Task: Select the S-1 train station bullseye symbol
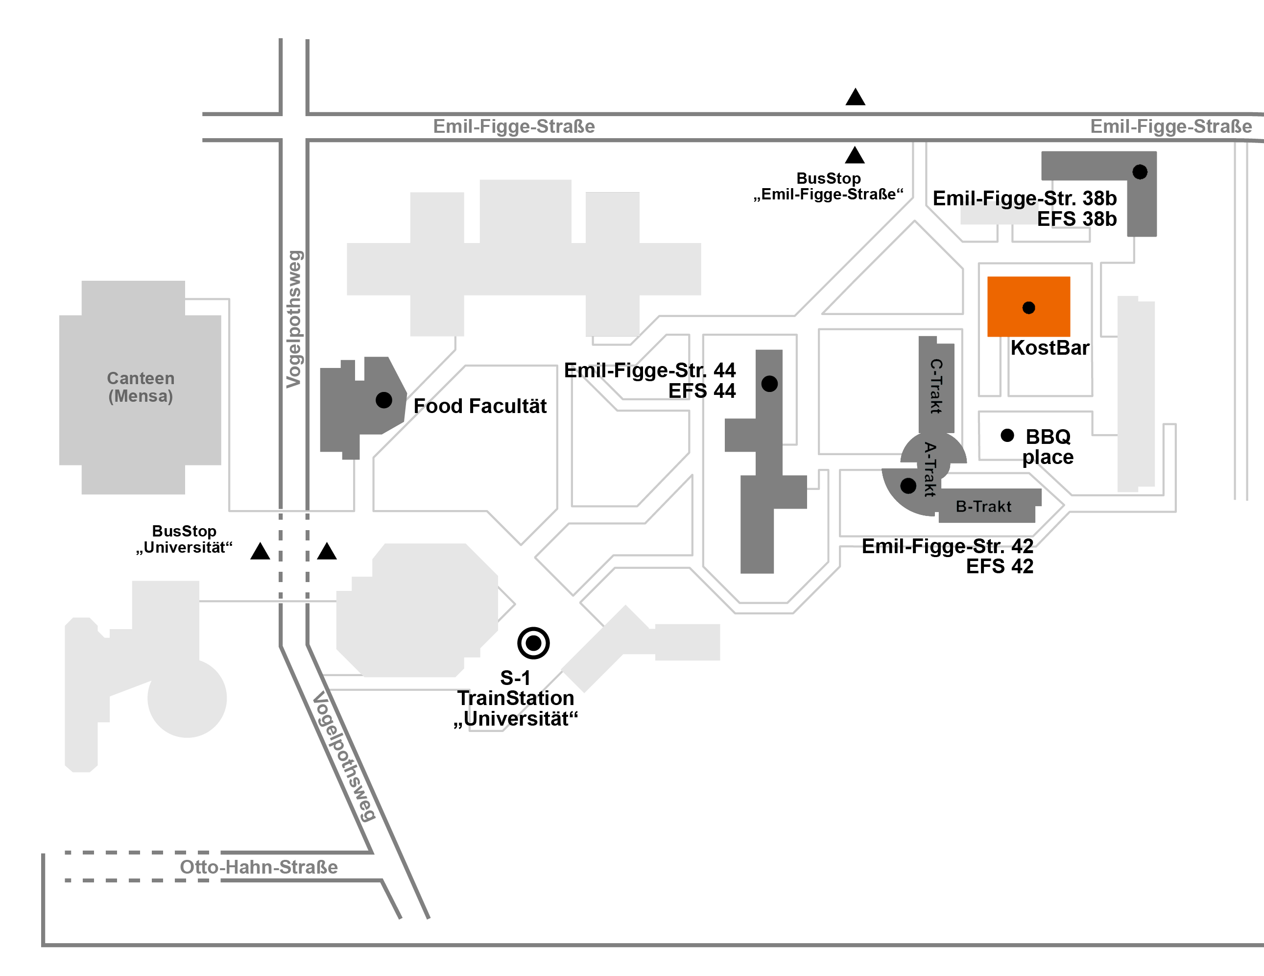click(x=533, y=642)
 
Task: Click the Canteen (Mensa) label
click(x=141, y=387)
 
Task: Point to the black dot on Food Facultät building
click(x=384, y=400)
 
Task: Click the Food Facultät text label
click(x=480, y=406)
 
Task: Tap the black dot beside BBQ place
click(x=1007, y=435)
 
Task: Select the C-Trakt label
click(x=936, y=386)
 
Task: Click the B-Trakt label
click(x=983, y=507)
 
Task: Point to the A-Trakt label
click(x=930, y=469)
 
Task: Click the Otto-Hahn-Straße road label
click(x=259, y=867)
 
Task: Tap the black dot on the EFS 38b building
click(x=1140, y=172)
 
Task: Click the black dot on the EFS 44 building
click(x=769, y=384)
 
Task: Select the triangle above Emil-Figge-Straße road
click(x=856, y=97)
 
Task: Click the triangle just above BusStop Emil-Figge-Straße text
click(x=855, y=156)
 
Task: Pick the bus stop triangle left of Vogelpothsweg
click(x=261, y=552)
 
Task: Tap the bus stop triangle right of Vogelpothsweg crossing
click(x=327, y=552)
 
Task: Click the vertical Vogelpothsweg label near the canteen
click(x=294, y=319)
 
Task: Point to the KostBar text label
click(x=1050, y=348)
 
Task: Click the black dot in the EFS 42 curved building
click(x=908, y=486)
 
